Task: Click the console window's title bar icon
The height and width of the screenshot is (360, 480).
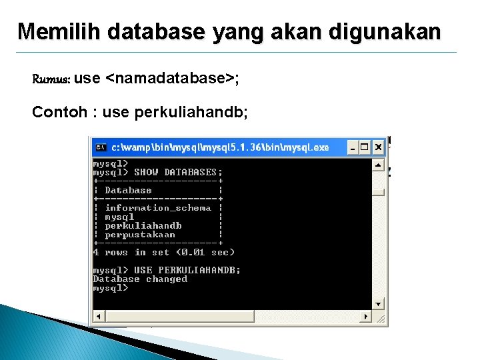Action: [x=101, y=147]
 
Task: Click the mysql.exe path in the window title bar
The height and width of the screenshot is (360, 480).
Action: [x=220, y=147]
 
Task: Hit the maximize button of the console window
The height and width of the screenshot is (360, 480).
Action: [x=365, y=147]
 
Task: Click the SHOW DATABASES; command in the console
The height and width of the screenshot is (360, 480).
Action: [x=178, y=172]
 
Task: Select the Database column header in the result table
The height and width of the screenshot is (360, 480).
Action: [x=129, y=190]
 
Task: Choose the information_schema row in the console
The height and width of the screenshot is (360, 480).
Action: [x=158, y=207]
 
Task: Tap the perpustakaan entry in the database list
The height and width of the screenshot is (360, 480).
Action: [x=140, y=234]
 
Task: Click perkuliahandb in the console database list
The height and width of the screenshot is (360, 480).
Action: [x=143, y=225]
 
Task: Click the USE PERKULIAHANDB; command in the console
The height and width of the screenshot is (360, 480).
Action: [x=187, y=270]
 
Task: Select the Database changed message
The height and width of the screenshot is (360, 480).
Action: [x=140, y=279]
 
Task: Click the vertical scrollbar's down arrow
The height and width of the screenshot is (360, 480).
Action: [x=378, y=303]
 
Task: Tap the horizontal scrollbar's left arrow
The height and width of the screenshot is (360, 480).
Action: [x=98, y=316]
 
